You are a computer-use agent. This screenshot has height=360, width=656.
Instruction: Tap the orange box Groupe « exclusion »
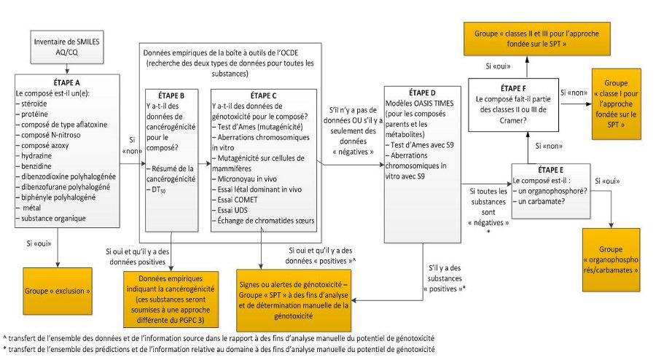pos(58,290)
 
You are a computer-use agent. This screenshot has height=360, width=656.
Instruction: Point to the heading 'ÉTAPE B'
pos(171,95)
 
